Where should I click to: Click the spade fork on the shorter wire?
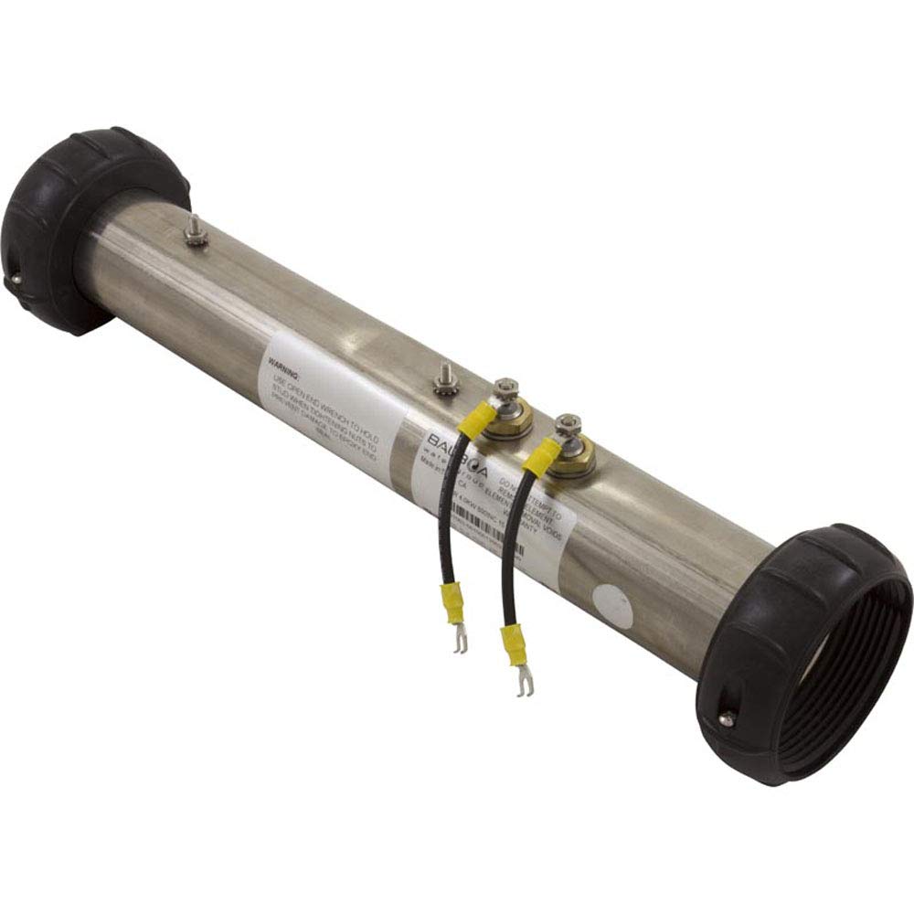[461, 643]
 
